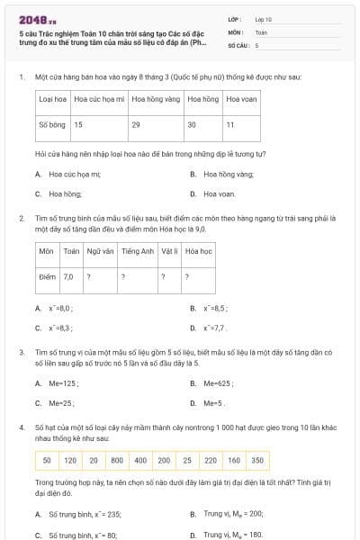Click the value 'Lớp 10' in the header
[263, 19]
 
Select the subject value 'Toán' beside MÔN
[261, 31]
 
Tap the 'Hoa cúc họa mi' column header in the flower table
[99, 99]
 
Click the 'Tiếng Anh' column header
[138, 252]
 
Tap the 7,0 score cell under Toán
[68, 277]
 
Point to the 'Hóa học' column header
[198, 252]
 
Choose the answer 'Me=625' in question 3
[217, 383]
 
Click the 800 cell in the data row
[117, 461]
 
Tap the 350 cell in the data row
[257, 461]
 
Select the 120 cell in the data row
[70, 461]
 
